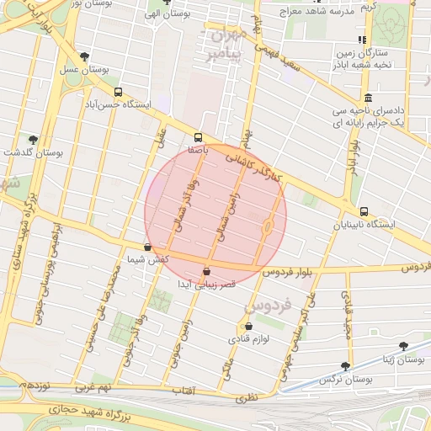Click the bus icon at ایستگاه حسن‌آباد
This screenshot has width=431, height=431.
click(117, 93)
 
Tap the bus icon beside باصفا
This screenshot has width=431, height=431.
click(199, 136)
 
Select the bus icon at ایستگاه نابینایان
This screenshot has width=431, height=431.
click(363, 212)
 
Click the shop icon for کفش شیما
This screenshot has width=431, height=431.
click(148, 247)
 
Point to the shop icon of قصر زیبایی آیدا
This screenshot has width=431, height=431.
click(207, 271)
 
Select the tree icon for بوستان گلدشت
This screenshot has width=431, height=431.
click(33, 140)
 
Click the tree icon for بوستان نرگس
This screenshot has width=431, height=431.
click(345, 366)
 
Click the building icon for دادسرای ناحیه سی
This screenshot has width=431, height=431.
click(368, 98)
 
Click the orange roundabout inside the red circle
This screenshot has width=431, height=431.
click(268, 226)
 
